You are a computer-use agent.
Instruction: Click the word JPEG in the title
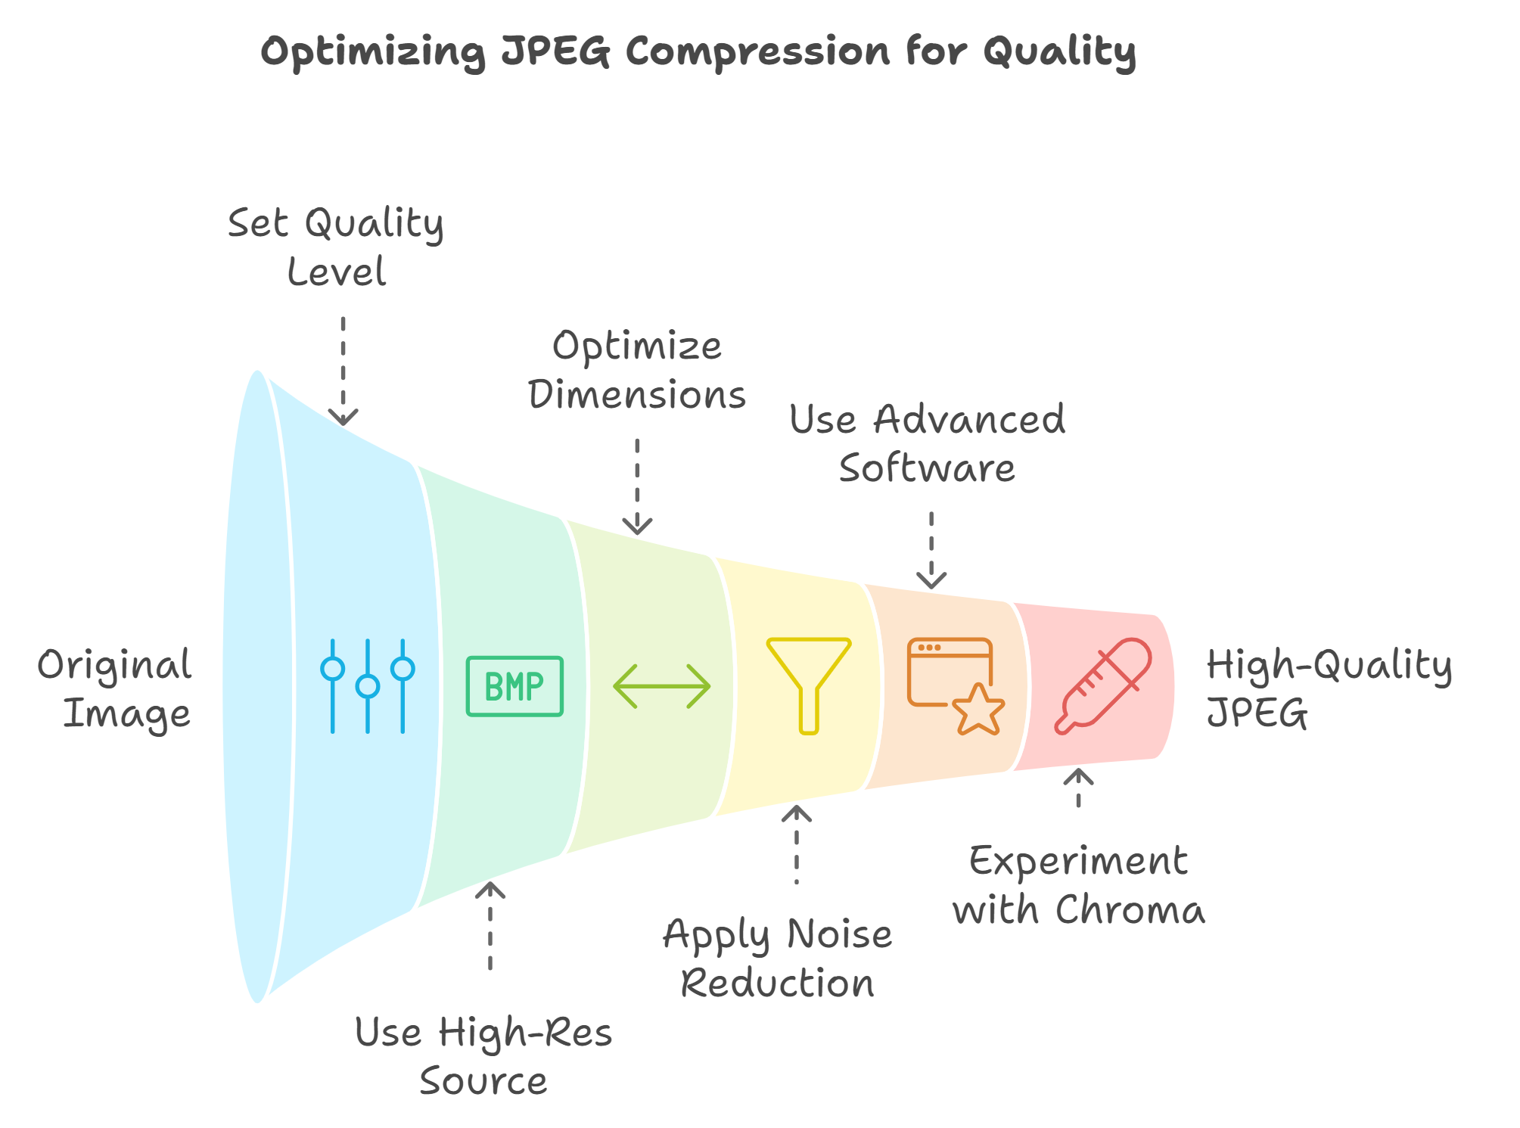point(555,53)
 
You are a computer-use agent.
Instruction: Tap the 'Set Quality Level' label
point(336,247)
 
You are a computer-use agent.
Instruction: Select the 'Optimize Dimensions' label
point(637,371)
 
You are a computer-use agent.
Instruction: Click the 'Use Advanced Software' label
point(928,443)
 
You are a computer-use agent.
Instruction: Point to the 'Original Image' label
point(115,689)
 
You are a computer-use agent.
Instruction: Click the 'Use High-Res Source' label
point(483,1056)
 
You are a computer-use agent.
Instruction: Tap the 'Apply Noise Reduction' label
point(778,959)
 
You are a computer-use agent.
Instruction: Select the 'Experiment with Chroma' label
point(1078,885)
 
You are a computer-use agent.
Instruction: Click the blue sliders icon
point(368,686)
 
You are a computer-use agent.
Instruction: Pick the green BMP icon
point(514,686)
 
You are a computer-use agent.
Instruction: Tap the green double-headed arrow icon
point(661,686)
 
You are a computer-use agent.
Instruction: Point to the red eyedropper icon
point(1104,685)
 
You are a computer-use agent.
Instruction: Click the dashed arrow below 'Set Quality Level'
point(343,371)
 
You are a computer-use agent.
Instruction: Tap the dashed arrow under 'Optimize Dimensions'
point(638,486)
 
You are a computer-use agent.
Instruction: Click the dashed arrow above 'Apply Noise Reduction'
point(796,844)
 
